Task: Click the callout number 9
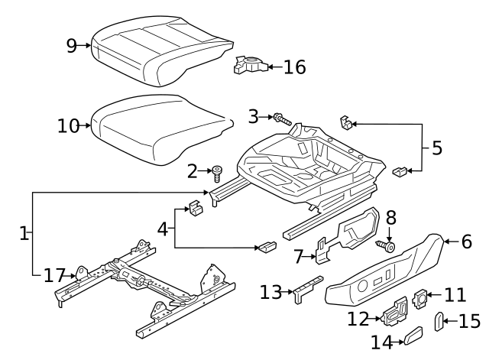[x=71, y=46]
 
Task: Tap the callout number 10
[x=67, y=125]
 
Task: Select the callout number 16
[x=294, y=67]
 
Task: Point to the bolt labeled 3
[x=281, y=118]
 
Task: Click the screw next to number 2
[x=217, y=170]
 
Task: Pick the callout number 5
[x=436, y=148]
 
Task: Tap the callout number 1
[x=24, y=233]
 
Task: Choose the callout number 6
[x=466, y=242]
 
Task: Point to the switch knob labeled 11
[x=421, y=296]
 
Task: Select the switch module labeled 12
[x=395, y=313]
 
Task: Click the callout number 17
[x=53, y=274]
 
